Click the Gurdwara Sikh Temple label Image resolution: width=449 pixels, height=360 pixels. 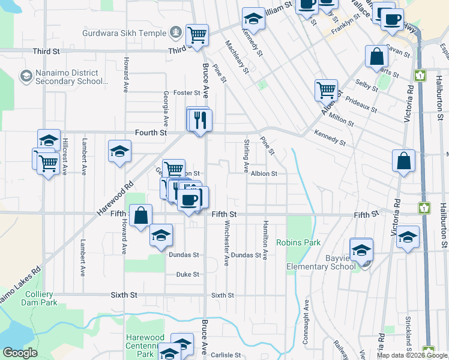(x=130, y=31)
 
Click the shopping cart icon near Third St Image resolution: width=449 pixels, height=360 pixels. (x=197, y=35)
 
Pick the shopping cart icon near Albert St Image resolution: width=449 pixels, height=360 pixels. (x=326, y=90)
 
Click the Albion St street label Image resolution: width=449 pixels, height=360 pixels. (x=264, y=173)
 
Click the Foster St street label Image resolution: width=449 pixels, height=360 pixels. (x=186, y=92)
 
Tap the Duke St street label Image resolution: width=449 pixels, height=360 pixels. (x=187, y=274)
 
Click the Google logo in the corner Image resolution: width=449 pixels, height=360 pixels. (x=20, y=353)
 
